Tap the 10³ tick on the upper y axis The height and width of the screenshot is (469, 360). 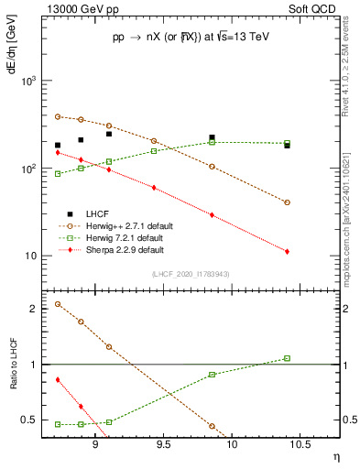coord(29,82)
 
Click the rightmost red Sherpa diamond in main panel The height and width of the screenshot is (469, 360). coord(287,251)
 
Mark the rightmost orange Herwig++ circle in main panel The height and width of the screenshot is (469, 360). coord(287,202)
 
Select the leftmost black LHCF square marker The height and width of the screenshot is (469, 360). coord(58,145)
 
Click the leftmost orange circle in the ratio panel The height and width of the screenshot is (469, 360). coord(58,304)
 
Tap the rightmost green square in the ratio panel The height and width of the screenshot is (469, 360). coord(287,358)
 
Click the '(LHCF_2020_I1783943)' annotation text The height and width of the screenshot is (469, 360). coord(191,275)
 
